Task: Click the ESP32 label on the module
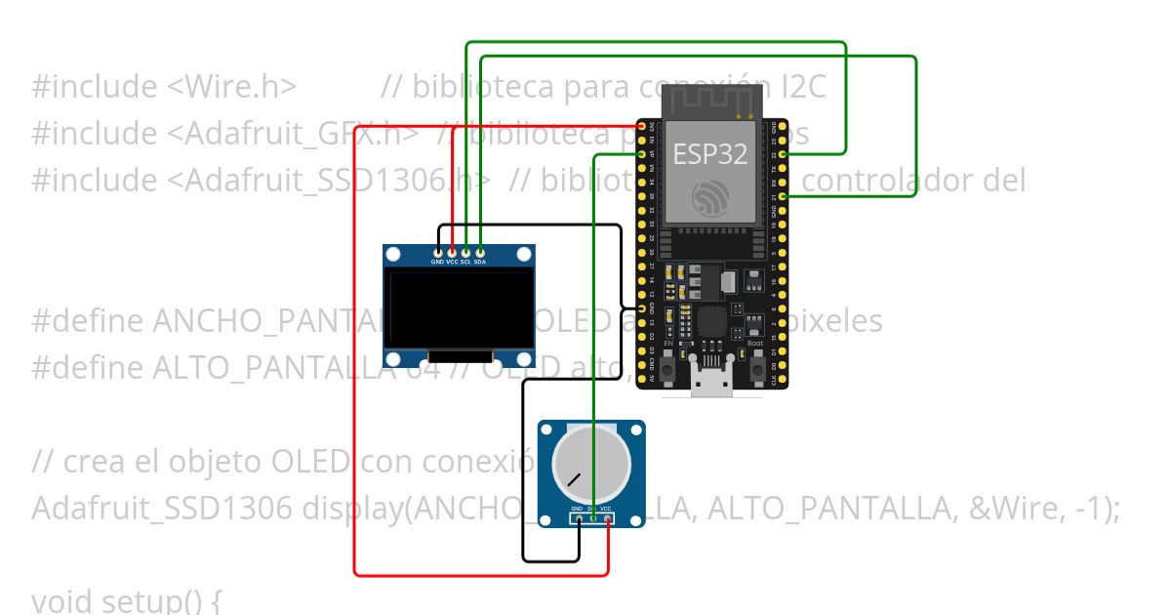point(709,154)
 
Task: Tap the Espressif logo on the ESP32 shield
point(709,199)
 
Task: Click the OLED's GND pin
point(438,253)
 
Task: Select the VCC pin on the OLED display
point(452,253)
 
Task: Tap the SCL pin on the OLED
point(466,253)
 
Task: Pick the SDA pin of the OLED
point(480,253)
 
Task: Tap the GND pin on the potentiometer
point(578,518)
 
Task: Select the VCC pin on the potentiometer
point(607,518)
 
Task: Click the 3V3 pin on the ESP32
point(643,126)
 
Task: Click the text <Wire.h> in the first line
point(231,87)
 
